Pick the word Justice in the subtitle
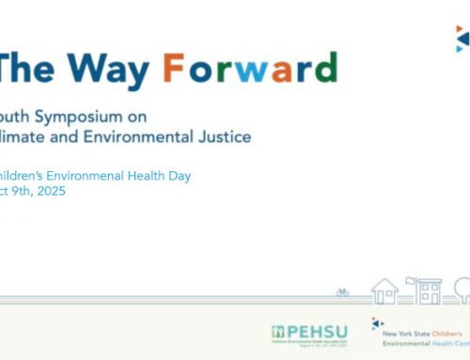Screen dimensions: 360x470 tap(226, 138)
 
